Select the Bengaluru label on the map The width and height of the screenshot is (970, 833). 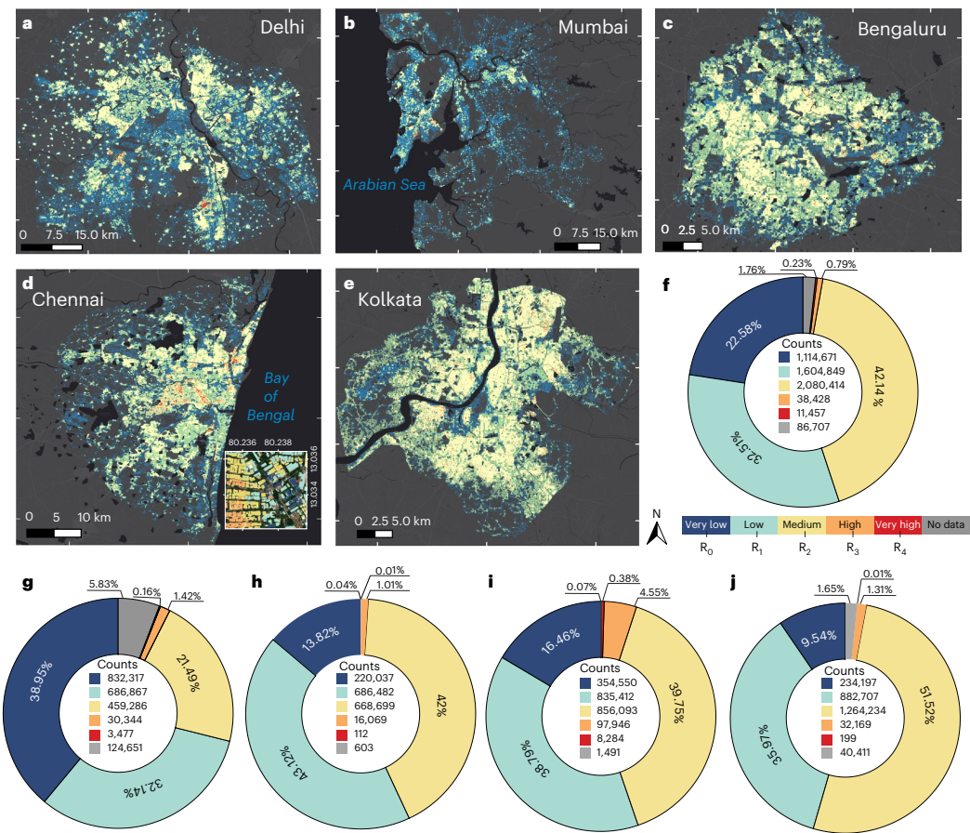tap(901, 30)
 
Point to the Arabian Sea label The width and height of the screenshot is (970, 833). tap(384, 185)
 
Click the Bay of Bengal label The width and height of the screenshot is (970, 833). tap(277, 396)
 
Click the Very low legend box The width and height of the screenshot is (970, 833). tap(706, 524)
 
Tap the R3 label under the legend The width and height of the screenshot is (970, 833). tap(850, 549)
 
